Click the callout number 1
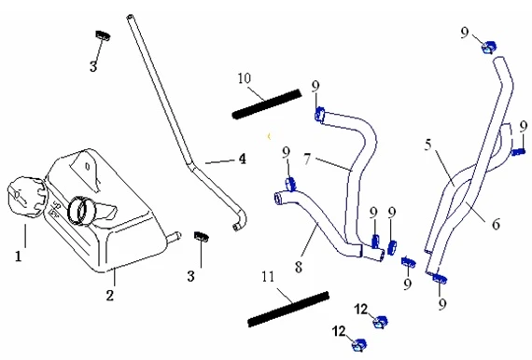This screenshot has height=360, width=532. pyautogui.click(x=19, y=256)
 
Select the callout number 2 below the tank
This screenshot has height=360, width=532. pyautogui.click(x=109, y=296)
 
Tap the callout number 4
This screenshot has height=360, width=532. pyautogui.click(x=242, y=159)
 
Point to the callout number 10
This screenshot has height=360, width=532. pyautogui.click(x=245, y=78)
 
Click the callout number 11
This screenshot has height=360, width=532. pyautogui.click(x=268, y=277)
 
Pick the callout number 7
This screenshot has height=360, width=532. pyautogui.click(x=307, y=159)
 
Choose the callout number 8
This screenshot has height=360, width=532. pyautogui.click(x=299, y=267)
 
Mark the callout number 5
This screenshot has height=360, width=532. pyautogui.click(x=428, y=145)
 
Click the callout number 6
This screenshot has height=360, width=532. pyautogui.click(x=496, y=224)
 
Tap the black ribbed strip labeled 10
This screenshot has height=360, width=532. pyautogui.click(x=267, y=104)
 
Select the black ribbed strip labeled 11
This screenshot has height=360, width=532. pyautogui.click(x=288, y=309)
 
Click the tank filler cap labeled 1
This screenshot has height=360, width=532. pyautogui.click(x=26, y=196)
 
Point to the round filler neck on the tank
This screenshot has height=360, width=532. pyautogui.click(x=81, y=210)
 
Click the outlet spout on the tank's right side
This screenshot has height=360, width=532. pyautogui.click(x=174, y=237)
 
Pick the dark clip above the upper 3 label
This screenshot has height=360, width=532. pyautogui.click(x=103, y=35)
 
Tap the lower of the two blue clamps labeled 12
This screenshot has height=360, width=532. pyautogui.click(x=358, y=345)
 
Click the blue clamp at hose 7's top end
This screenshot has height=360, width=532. pyautogui.click(x=319, y=115)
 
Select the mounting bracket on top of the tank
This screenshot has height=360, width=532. pyautogui.click(x=86, y=170)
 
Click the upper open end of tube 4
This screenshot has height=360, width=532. pyautogui.click(x=130, y=16)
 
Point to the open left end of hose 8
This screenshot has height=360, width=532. pyautogui.click(x=278, y=199)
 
